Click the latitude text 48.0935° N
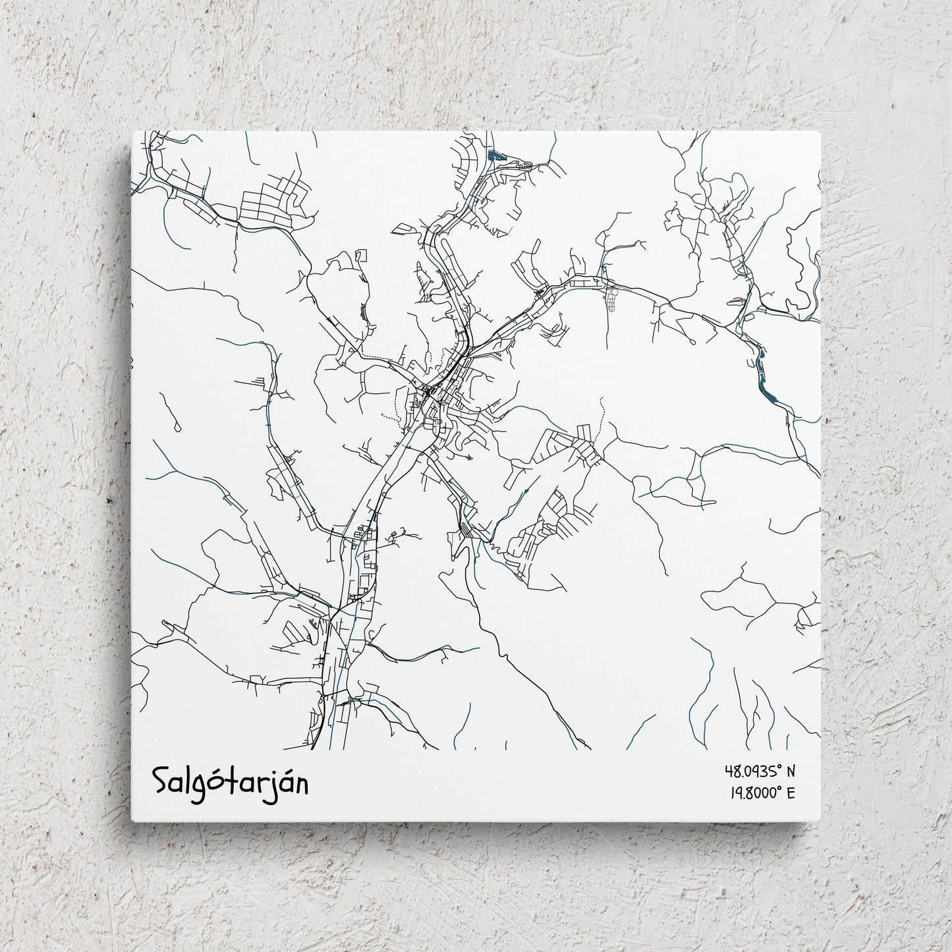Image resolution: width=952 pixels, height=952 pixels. [760, 770]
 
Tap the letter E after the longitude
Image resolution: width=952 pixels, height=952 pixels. [791, 793]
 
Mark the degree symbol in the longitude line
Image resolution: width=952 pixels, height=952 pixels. [779, 789]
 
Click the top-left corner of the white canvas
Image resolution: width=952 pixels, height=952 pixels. [132, 132]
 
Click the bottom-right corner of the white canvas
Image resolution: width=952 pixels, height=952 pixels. [821, 821]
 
